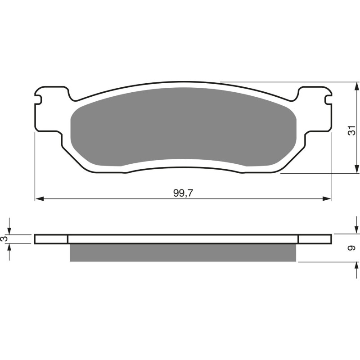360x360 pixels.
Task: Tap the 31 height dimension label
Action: click(353, 130)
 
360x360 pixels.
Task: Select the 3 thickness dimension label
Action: click(4, 239)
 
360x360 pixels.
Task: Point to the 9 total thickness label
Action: click(353, 248)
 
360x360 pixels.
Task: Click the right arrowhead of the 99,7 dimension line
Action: click(328, 198)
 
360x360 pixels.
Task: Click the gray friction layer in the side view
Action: click(183, 253)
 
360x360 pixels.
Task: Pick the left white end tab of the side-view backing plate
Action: click(51, 239)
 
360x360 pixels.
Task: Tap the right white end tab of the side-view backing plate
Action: click(315, 239)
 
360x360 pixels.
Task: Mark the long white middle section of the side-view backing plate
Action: click(183, 239)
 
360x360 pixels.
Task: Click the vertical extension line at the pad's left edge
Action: click(35, 166)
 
